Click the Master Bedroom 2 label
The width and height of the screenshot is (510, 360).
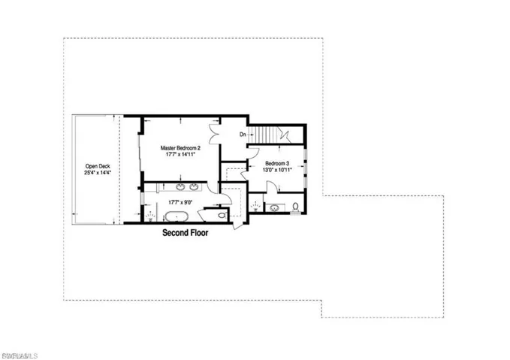tap(180, 149)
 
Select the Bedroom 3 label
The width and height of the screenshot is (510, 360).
tap(276, 163)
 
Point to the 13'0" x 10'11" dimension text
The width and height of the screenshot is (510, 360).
tap(276, 170)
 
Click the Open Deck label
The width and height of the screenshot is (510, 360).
tap(98, 166)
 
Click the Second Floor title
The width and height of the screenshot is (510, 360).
tap(186, 234)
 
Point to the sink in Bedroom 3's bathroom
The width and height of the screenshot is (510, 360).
tap(275, 207)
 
